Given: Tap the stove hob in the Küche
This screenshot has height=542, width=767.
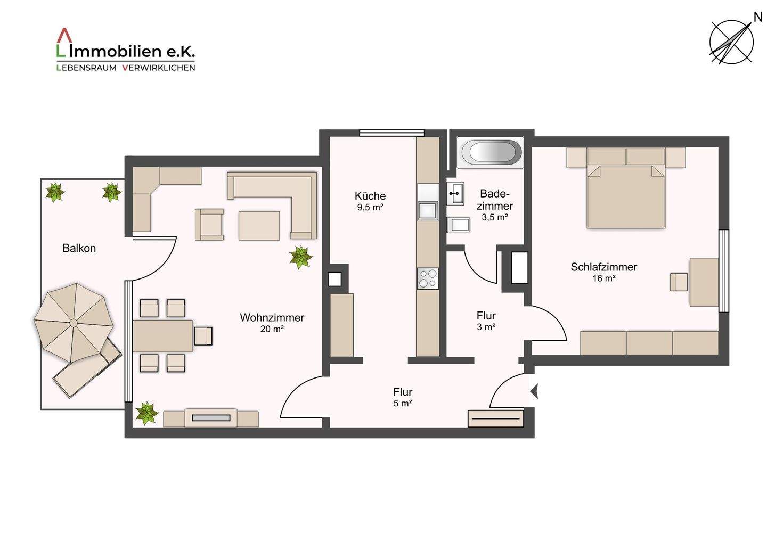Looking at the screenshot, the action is click(428, 278).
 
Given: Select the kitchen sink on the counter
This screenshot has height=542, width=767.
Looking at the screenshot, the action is click(428, 211).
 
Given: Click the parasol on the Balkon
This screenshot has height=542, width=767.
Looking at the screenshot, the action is click(74, 323).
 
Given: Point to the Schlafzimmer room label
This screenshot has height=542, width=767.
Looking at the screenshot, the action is click(603, 267).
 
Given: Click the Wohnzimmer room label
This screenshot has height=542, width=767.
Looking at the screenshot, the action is click(272, 317).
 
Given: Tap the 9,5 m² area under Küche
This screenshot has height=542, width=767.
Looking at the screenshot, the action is click(370, 207).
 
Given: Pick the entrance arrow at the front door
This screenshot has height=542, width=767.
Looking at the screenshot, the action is click(535, 391).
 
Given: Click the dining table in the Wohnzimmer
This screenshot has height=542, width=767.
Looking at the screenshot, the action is click(162, 335).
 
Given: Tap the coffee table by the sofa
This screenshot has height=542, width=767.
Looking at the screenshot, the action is click(259, 226).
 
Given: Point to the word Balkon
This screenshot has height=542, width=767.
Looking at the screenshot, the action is click(79, 248).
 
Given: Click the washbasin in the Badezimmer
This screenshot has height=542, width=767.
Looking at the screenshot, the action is click(455, 194).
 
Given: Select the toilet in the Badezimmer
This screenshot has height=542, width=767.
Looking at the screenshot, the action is click(459, 225).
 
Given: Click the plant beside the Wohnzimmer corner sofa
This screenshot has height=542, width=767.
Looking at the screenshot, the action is click(300, 257).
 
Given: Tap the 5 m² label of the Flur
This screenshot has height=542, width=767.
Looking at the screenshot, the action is click(403, 404).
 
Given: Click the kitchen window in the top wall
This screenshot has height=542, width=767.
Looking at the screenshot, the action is click(391, 133).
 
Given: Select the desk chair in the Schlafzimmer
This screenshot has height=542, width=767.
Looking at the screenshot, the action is click(679, 282).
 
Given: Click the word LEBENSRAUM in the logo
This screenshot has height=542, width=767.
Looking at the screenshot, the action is click(86, 68).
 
